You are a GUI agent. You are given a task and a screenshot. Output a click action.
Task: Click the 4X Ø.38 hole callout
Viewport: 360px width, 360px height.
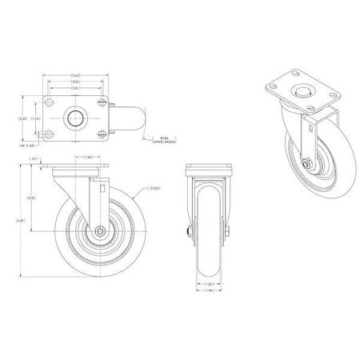tap(29, 145)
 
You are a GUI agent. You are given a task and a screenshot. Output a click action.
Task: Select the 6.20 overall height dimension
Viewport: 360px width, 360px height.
tap(21, 222)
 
